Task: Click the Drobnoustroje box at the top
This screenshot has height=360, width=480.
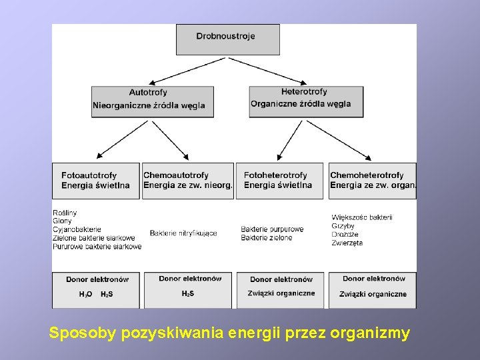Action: pyautogui.click(x=227, y=39)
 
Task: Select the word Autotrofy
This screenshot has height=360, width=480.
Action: pyautogui.click(x=148, y=93)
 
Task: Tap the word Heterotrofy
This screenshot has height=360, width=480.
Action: pyautogui.click(x=304, y=92)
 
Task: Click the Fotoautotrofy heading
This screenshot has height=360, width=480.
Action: pyautogui.click(x=89, y=175)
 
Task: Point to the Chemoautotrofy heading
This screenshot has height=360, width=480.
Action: pyautogui.click(x=176, y=175)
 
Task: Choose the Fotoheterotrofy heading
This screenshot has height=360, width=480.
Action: pyautogui.click(x=275, y=175)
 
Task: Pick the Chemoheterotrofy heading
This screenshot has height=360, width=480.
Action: pyautogui.click(x=367, y=175)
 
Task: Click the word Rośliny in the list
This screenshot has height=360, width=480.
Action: pyautogui.click(x=65, y=213)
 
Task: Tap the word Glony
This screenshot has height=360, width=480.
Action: pyautogui.click(x=62, y=221)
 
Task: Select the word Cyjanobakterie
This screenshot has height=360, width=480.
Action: pyautogui.click(x=77, y=229)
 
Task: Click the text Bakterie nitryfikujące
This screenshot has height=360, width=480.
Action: pyautogui.click(x=183, y=233)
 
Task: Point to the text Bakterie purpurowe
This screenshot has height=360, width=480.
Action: pyautogui.click(x=272, y=229)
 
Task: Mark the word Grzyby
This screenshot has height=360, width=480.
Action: pyautogui.click(x=343, y=226)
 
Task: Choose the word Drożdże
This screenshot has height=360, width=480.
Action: pyautogui.click(x=344, y=235)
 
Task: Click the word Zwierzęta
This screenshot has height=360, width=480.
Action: pyautogui.click(x=347, y=243)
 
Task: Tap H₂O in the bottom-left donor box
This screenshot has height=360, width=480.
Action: pyautogui.click(x=85, y=294)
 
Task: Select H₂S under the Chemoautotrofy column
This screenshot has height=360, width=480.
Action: pyautogui.click(x=187, y=293)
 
